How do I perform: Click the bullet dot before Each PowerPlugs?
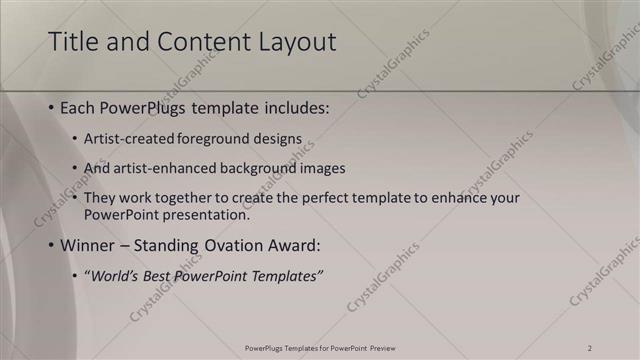coord(51,108)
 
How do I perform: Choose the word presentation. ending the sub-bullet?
coord(209,214)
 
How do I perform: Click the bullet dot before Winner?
coord(51,245)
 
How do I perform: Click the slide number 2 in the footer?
coord(590,348)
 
